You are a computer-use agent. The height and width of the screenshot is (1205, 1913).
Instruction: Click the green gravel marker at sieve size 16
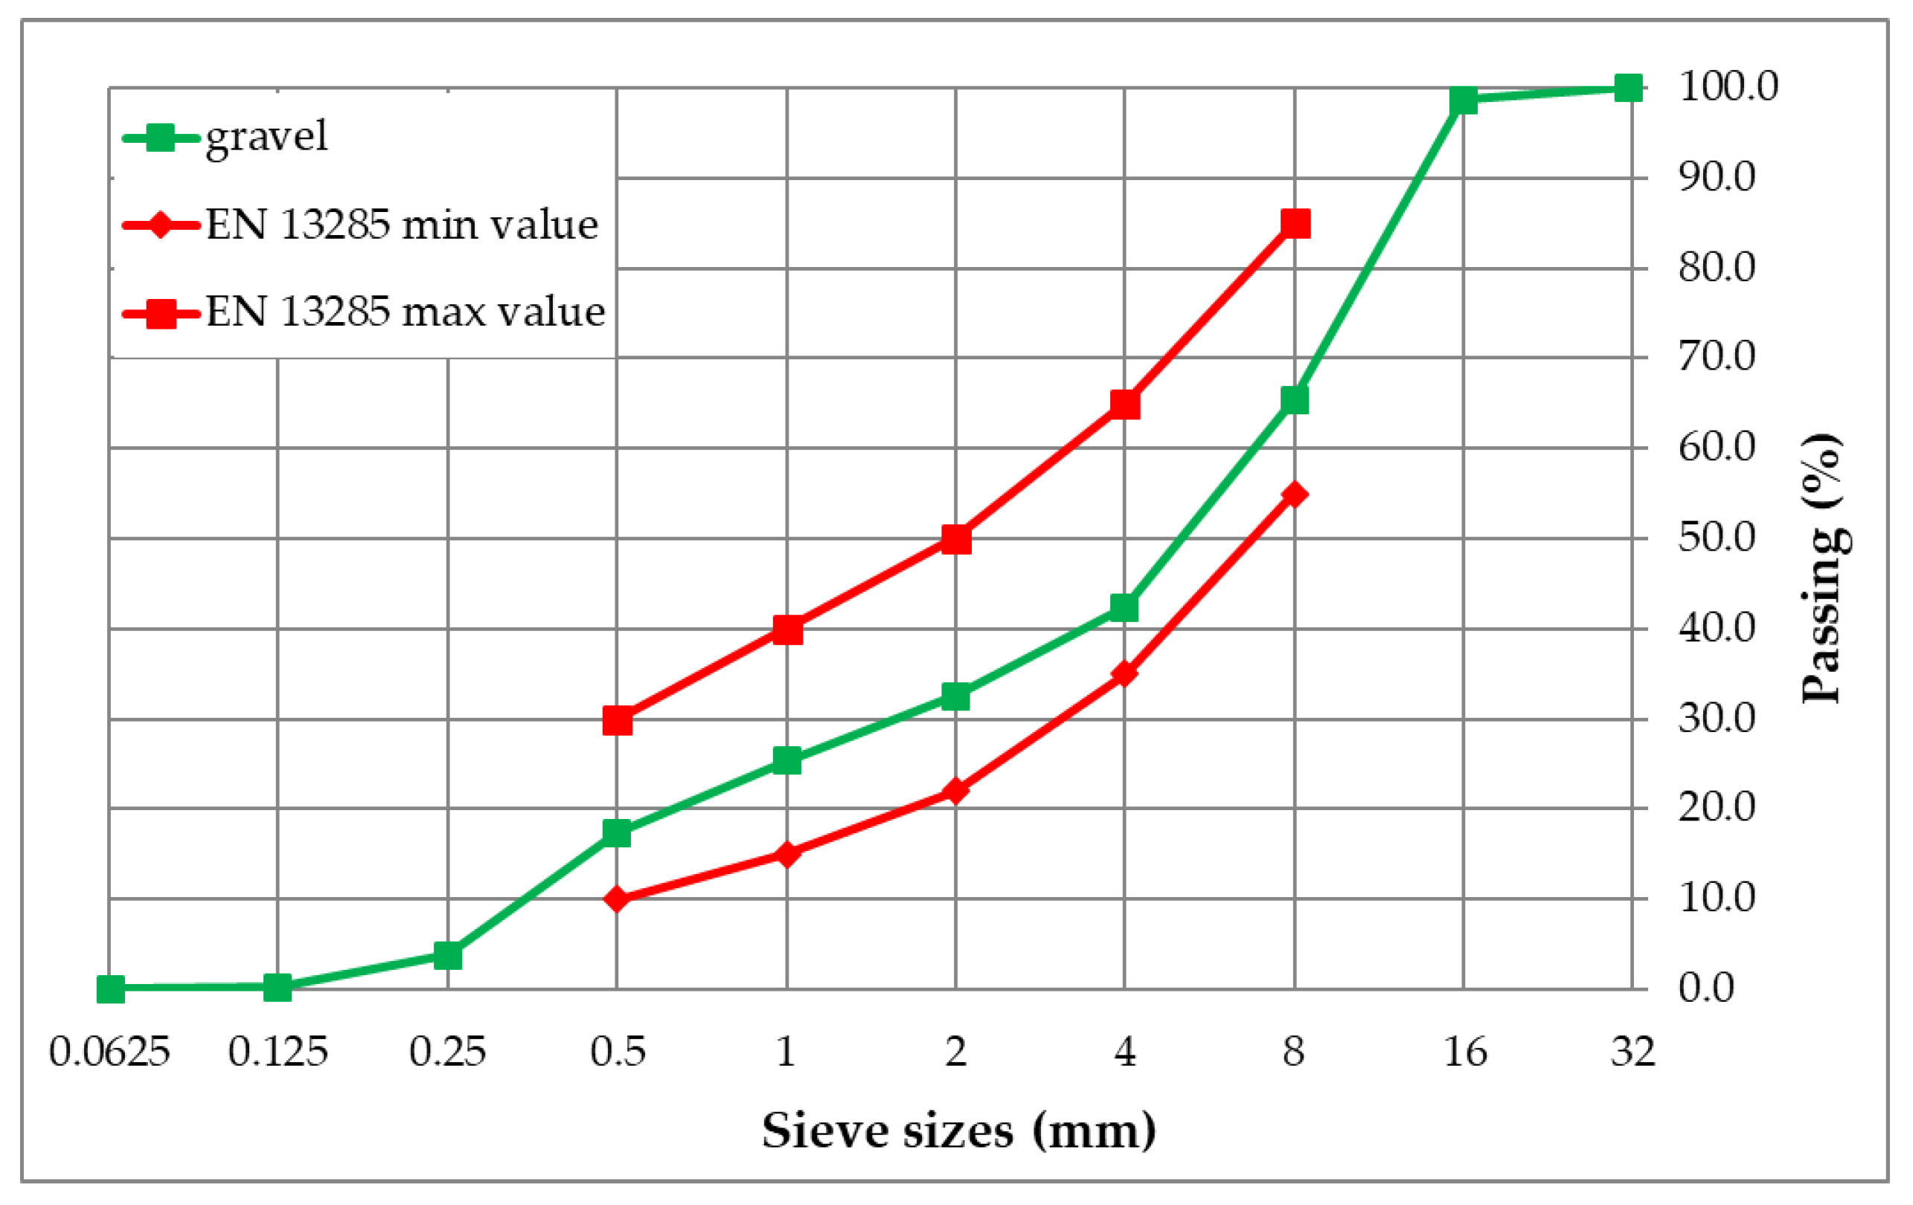(1463, 101)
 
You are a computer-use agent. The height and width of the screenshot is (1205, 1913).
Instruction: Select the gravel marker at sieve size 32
(1629, 89)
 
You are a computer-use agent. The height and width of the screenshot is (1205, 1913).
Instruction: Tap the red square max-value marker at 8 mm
(1295, 224)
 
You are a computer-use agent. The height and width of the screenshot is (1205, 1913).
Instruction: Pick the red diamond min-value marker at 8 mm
(1295, 495)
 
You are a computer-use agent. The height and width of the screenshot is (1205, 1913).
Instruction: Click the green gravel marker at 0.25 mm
(448, 956)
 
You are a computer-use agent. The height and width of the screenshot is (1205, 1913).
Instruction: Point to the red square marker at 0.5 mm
(618, 721)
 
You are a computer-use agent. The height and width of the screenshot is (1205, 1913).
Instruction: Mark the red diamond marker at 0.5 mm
(618, 899)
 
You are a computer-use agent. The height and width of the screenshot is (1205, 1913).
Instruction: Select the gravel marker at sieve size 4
(1124, 608)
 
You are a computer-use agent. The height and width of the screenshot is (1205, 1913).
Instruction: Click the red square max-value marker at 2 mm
(955, 539)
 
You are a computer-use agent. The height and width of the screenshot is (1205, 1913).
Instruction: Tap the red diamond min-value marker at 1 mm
(786, 855)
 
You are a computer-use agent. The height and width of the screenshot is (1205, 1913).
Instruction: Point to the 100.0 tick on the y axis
(1728, 86)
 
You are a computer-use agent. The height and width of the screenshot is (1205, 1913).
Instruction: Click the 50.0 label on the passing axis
(1717, 539)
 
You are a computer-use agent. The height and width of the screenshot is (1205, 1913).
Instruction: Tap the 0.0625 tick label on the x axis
(109, 1052)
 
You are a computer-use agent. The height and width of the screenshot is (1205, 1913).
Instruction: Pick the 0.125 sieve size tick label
(278, 1052)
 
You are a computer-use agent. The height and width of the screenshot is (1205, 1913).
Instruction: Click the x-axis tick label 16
(1464, 1052)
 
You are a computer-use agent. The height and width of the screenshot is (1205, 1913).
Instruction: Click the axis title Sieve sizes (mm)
(959, 1131)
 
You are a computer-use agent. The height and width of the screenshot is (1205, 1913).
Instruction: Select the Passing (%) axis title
(1821, 569)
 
